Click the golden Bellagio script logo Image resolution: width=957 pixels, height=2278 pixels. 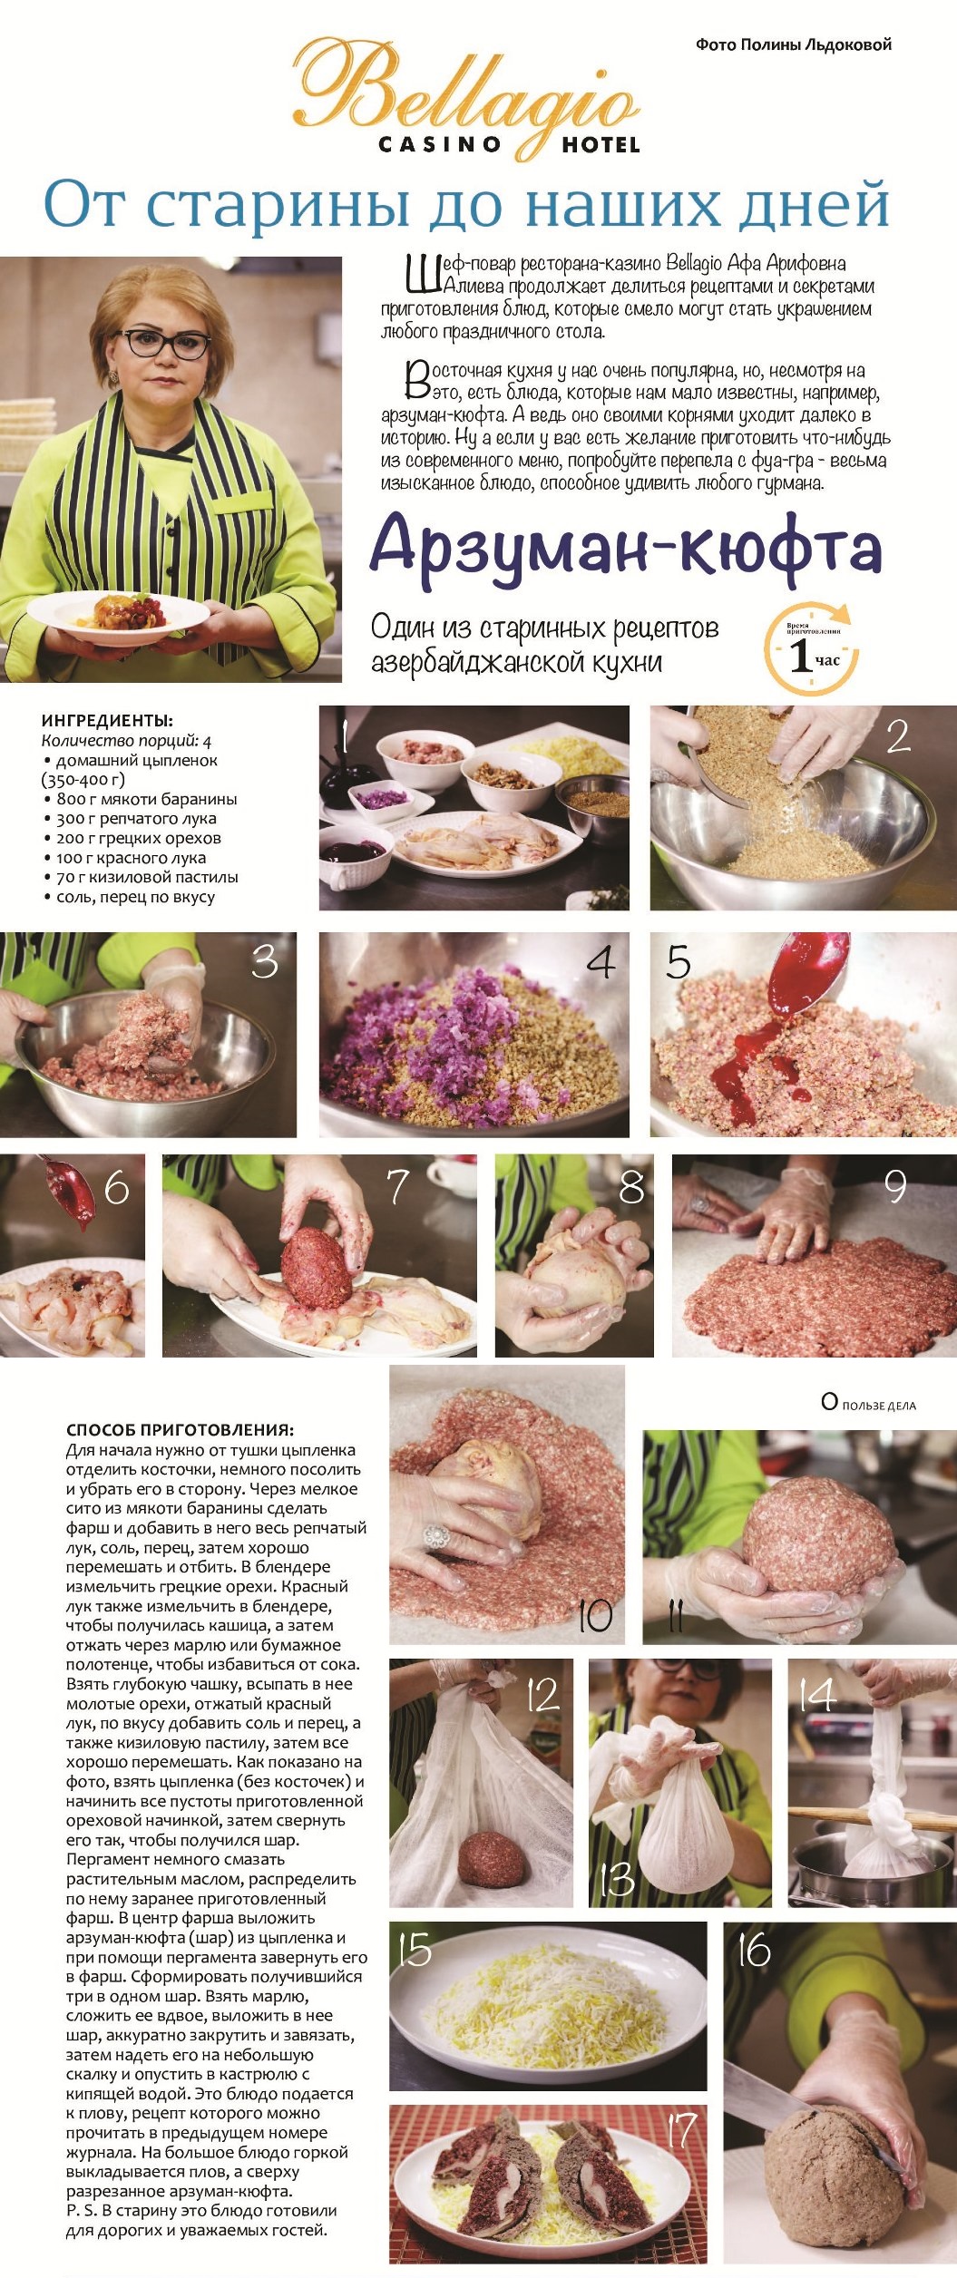464,91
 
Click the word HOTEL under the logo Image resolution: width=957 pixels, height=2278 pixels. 600,145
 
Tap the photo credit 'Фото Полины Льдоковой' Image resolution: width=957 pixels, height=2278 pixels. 793,44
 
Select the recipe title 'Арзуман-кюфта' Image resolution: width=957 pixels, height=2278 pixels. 626,547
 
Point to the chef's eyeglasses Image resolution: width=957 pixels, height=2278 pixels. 167,344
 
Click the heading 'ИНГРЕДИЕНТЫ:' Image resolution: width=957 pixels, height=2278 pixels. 107,721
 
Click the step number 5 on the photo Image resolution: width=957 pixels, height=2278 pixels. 678,962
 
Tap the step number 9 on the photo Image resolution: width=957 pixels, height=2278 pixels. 894,1186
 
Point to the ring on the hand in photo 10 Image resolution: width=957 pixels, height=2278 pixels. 437,1535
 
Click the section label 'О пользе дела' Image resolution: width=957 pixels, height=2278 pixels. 868,1403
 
